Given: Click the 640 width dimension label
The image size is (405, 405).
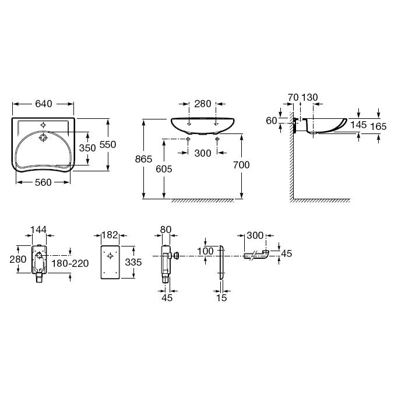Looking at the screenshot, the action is pyautogui.click(x=44, y=104).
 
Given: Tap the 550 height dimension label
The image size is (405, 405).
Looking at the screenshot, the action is pyautogui.click(x=108, y=145).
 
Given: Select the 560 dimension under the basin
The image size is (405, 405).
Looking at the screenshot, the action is pyautogui.click(x=43, y=182).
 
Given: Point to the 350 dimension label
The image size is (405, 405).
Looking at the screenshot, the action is pyautogui.click(x=87, y=148).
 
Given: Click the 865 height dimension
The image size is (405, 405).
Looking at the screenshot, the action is pyautogui.click(x=143, y=159).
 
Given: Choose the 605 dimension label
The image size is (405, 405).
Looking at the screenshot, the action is pyautogui.click(x=164, y=169).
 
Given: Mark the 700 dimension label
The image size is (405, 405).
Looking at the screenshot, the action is pyautogui.click(x=241, y=165).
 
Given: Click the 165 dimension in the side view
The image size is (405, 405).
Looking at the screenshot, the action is pyautogui.click(x=378, y=126).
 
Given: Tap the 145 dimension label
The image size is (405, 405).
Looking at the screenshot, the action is pyautogui.click(x=358, y=125).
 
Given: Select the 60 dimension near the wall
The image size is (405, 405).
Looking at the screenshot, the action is pyautogui.click(x=272, y=121).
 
